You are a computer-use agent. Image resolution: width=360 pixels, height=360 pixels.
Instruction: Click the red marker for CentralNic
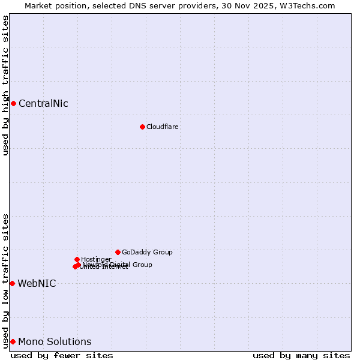pyautogui.click(x=13, y=103)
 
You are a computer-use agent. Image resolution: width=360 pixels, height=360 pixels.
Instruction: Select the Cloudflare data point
pyautogui.click(x=142, y=127)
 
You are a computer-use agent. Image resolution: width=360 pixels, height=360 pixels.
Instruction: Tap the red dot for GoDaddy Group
pyautogui.click(x=118, y=252)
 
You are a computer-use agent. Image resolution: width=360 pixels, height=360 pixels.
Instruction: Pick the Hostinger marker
pyautogui.click(x=77, y=259)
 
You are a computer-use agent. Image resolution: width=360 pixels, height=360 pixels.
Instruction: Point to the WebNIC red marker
pyautogui.click(x=12, y=283)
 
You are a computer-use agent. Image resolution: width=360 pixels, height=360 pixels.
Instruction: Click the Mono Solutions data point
pyautogui.click(x=13, y=341)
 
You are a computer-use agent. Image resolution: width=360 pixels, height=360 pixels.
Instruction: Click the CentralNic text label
pyautogui.click(x=43, y=103)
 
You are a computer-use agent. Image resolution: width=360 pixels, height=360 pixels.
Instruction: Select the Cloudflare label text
pyautogui.click(x=163, y=127)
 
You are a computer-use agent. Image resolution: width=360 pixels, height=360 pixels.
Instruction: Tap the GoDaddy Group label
pyautogui.click(x=147, y=252)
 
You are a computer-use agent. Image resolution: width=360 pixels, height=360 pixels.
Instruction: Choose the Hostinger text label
pyautogui.click(x=96, y=259)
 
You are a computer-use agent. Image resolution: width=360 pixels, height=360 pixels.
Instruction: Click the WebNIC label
pyautogui.click(x=37, y=283)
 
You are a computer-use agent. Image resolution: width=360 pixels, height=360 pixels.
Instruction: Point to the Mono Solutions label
pyautogui.click(x=55, y=341)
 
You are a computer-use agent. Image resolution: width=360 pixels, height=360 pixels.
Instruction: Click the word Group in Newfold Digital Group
pyautogui.click(x=142, y=265)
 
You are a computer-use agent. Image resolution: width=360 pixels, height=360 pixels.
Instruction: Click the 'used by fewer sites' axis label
pyautogui.click(x=62, y=355)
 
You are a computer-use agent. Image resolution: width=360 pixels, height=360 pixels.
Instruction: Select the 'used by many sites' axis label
pyautogui.click(x=301, y=355)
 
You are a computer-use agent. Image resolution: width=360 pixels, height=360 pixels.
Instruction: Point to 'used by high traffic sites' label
pyautogui.click(x=6, y=85)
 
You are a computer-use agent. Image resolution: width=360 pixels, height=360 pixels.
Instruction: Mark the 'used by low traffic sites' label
pyautogui.click(x=6, y=281)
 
